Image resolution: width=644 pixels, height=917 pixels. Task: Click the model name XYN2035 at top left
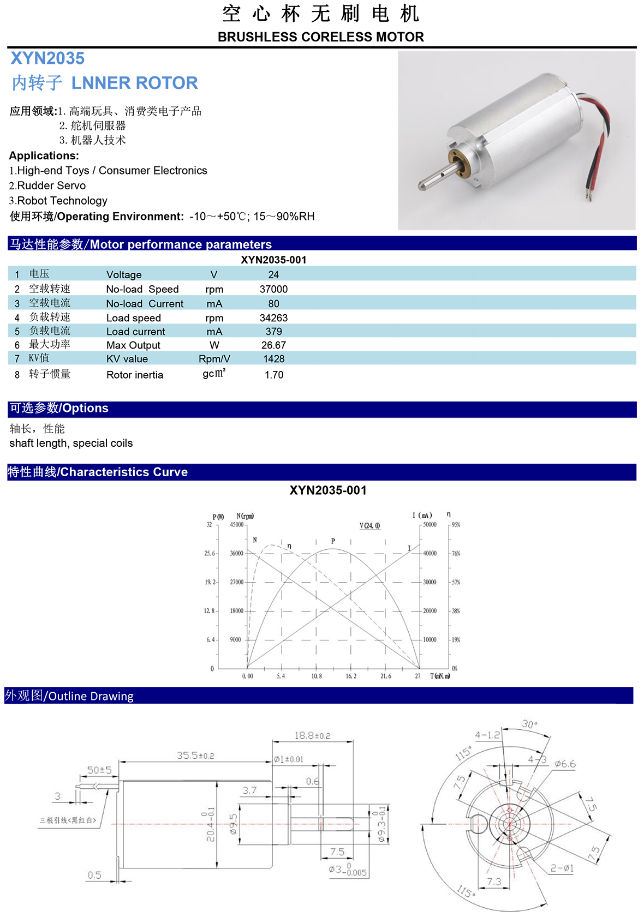point(47,58)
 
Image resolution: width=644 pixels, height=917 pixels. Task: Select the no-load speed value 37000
point(273,289)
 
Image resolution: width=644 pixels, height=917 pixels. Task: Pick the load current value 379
point(273,332)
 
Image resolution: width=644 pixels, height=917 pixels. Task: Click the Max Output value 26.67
point(273,345)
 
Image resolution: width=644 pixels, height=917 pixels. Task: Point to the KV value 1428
point(273,359)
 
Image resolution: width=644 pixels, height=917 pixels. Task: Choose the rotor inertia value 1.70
point(273,375)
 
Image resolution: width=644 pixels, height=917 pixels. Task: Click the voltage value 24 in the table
point(273,275)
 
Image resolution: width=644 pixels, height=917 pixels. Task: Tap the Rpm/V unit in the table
point(214,359)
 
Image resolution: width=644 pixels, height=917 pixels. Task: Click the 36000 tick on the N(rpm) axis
point(236,553)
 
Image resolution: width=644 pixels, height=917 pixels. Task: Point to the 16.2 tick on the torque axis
point(351,676)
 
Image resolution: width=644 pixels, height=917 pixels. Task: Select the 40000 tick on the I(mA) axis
point(430,553)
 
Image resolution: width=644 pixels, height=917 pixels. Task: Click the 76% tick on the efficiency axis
point(456,553)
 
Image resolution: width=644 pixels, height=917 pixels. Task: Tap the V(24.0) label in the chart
point(369,526)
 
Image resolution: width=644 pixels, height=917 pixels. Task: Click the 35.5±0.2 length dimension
point(195,756)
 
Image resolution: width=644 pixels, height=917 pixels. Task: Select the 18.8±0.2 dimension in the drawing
point(312,736)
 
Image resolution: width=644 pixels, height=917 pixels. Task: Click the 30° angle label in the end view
point(529,724)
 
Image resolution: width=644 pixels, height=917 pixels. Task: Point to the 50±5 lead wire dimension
point(99,770)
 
